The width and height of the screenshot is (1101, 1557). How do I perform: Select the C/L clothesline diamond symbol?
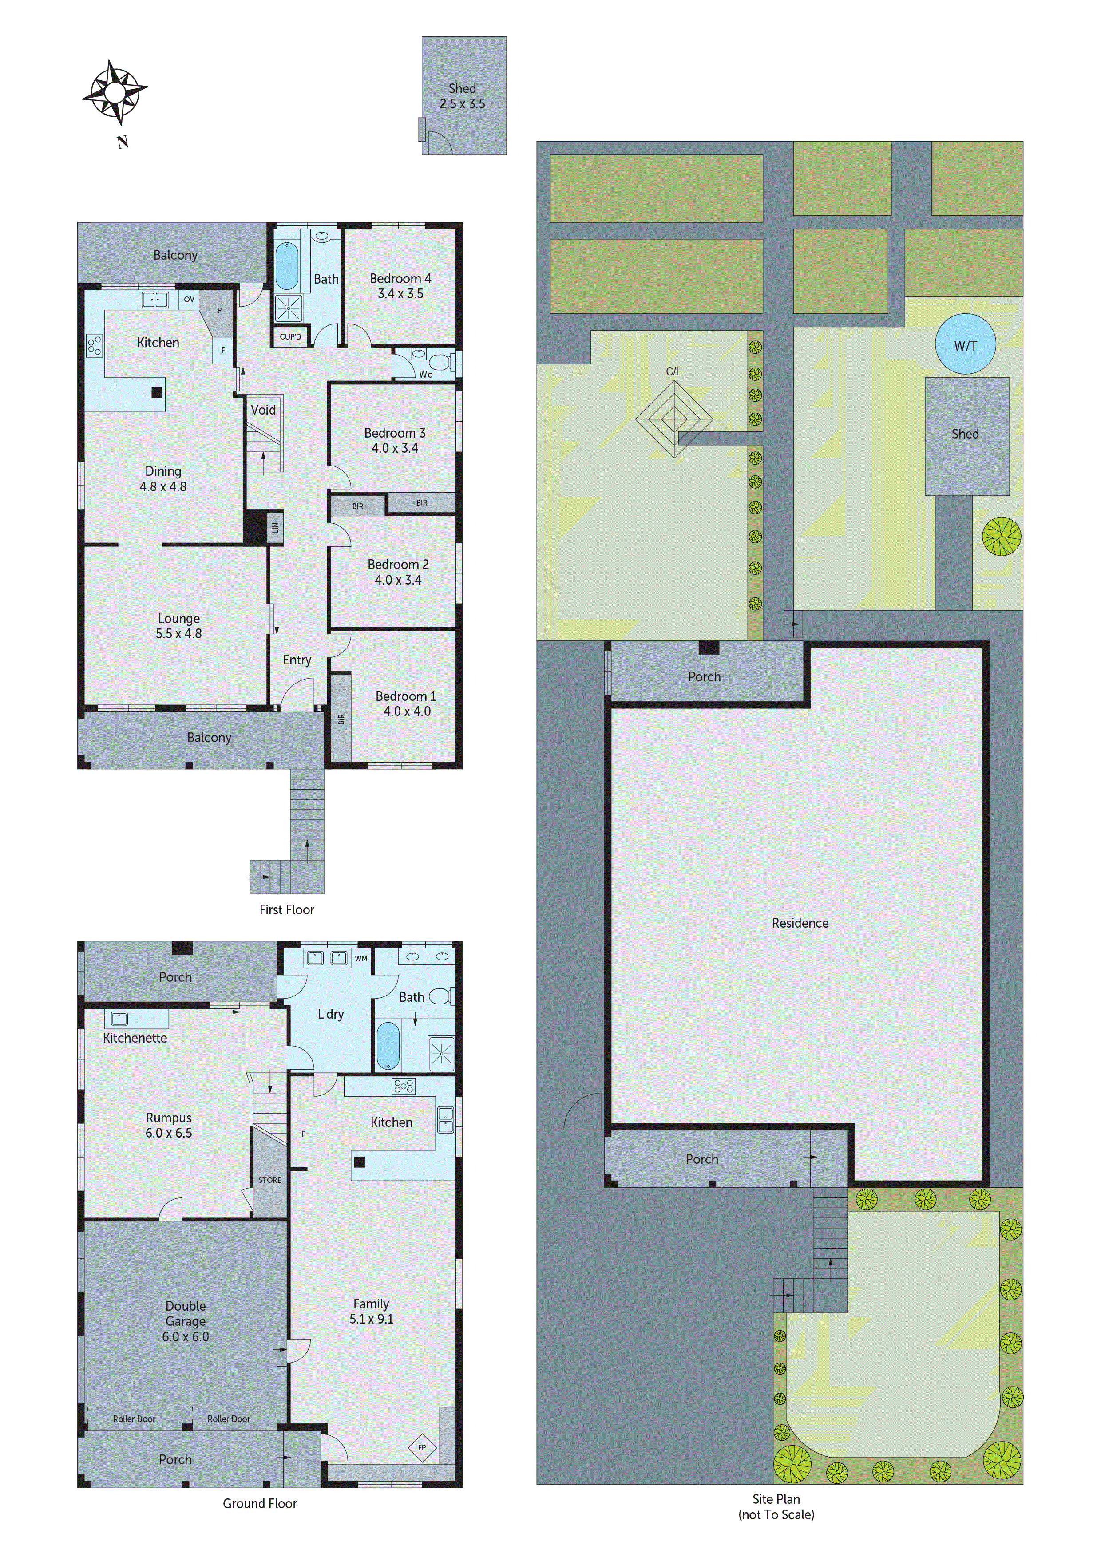(x=673, y=419)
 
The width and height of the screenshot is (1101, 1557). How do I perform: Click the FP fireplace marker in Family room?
(x=421, y=1448)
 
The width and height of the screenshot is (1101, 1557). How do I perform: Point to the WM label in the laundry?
(x=361, y=958)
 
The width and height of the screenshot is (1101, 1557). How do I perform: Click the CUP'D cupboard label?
(x=290, y=336)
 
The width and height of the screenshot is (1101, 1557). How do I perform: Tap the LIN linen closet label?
(x=275, y=527)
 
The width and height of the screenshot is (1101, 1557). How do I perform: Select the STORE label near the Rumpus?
(x=269, y=1180)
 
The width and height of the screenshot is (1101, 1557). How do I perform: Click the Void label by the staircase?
(x=263, y=410)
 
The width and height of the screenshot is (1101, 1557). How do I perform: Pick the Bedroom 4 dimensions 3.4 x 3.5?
(x=400, y=294)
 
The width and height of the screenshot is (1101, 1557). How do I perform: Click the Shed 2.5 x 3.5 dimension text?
(x=462, y=104)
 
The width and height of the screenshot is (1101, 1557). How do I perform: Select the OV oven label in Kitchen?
(x=189, y=299)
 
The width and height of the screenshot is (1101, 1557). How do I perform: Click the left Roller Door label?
(x=135, y=1419)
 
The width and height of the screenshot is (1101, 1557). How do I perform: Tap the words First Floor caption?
(x=286, y=909)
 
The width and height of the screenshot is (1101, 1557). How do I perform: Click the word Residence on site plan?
(x=800, y=923)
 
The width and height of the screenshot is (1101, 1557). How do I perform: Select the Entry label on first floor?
(x=297, y=660)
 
